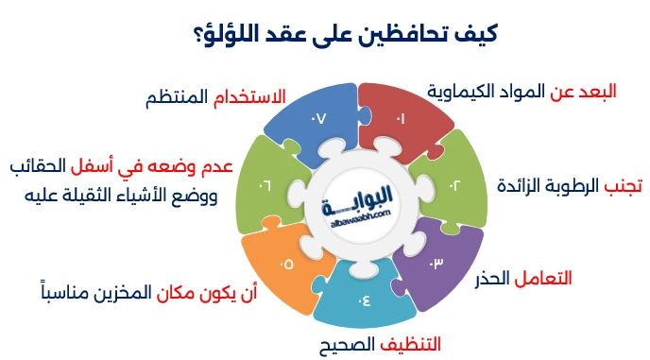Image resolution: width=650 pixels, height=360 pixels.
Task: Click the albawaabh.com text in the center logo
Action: coord(355,216)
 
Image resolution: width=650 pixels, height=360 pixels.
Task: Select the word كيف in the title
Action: coord(478,36)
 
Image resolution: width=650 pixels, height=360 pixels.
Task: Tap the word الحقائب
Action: coord(43,166)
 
